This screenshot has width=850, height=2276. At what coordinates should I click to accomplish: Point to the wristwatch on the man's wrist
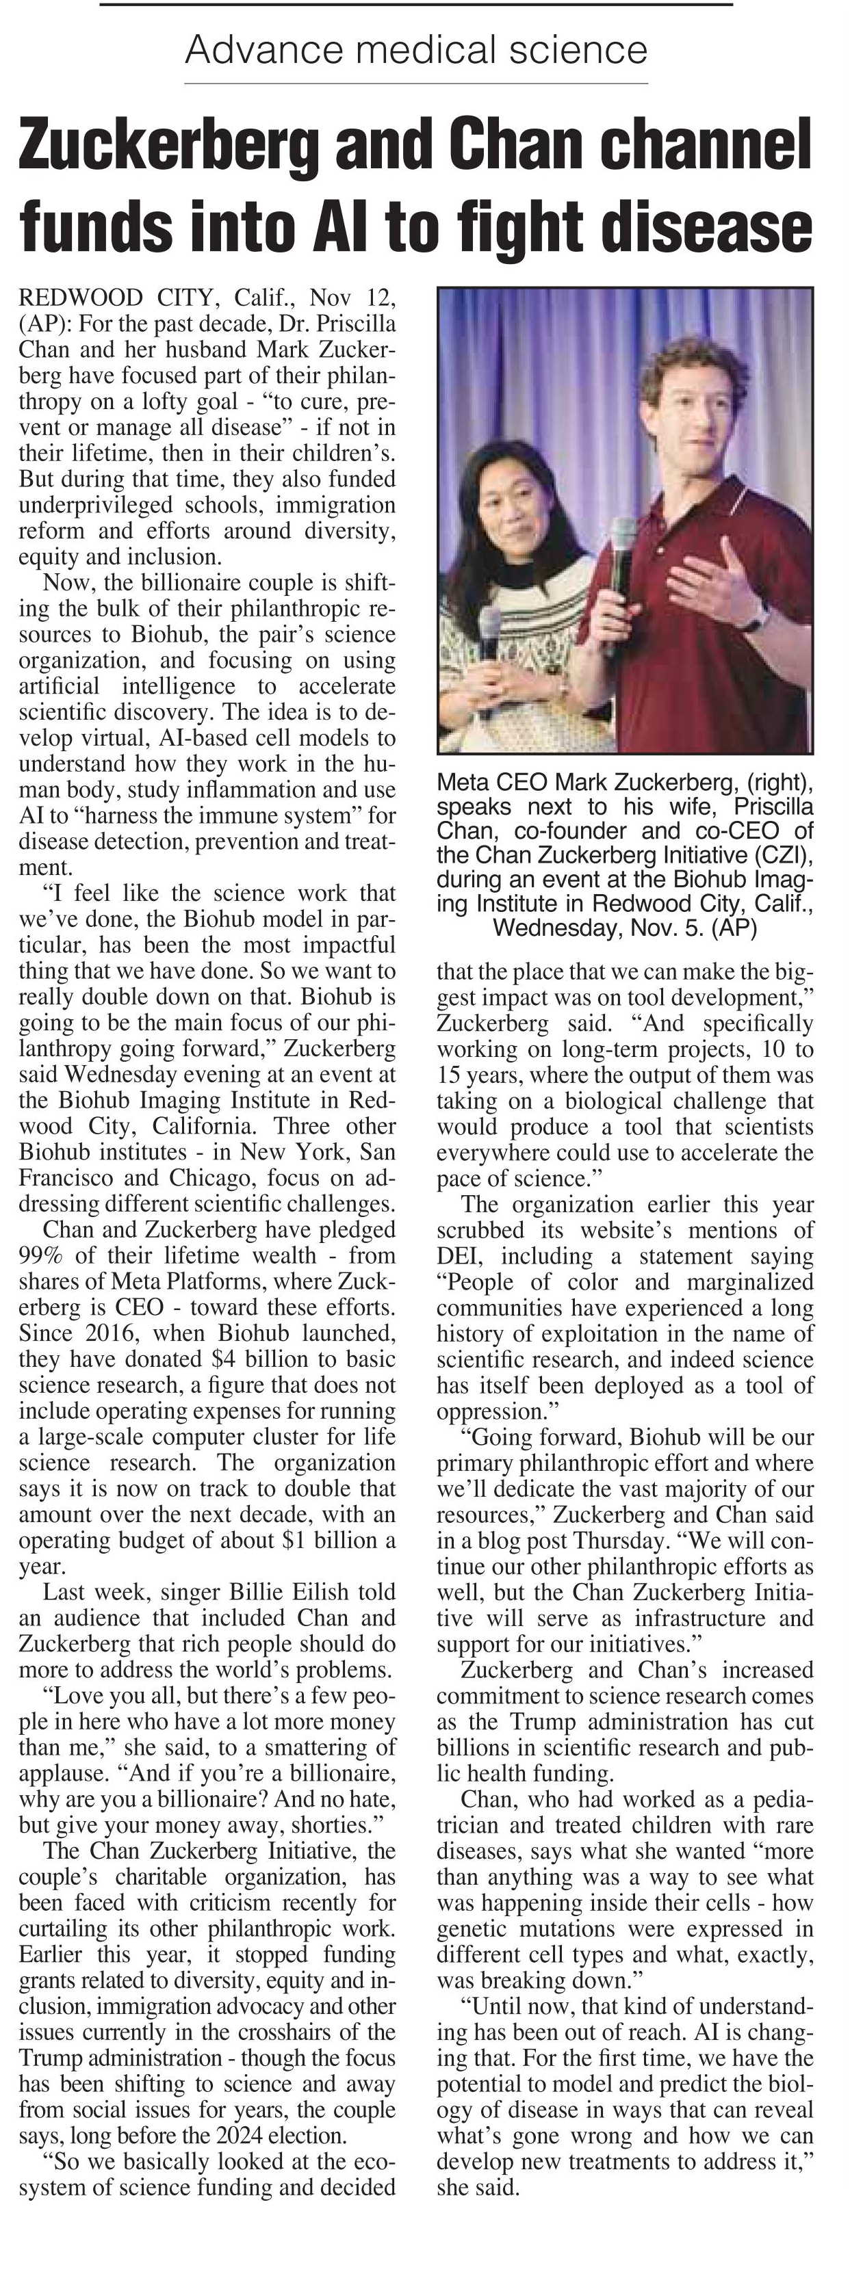pos(754,616)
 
